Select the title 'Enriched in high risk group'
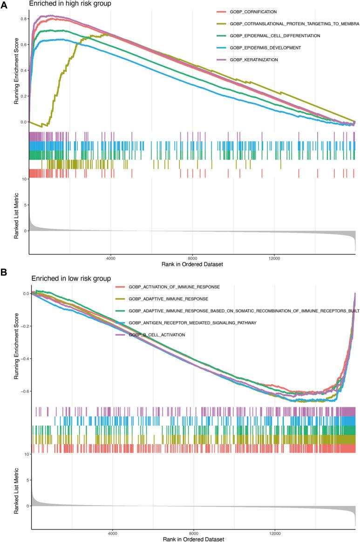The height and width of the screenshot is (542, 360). [65, 4]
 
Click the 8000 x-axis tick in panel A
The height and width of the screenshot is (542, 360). [192, 258]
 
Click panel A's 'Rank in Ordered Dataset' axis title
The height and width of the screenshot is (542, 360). [192, 264]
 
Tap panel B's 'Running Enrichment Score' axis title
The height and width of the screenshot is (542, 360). [17, 344]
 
